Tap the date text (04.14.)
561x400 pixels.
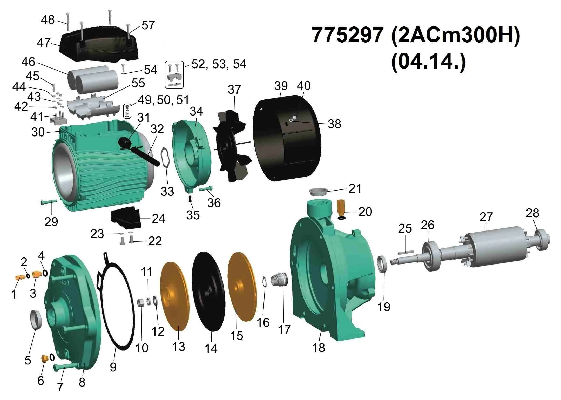tap(428, 63)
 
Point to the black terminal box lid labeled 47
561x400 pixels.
tap(99, 44)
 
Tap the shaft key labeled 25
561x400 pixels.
tap(405, 252)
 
